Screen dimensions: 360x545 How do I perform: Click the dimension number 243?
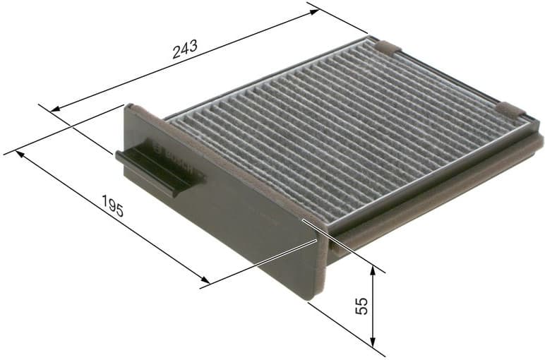pyautogui.click(x=185, y=51)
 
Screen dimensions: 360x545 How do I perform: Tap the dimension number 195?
pyautogui.click(x=113, y=208)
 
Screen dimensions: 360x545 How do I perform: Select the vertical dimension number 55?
pyautogui.click(x=361, y=306)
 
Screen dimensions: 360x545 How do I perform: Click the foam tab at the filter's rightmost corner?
pyautogui.click(x=511, y=109)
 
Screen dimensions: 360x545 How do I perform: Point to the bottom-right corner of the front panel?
pyautogui.click(x=310, y=297)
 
